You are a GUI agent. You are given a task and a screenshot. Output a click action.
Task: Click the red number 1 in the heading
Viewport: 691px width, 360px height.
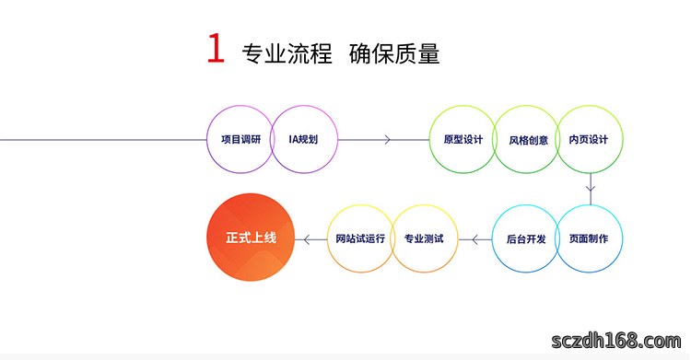(x=216, y=49)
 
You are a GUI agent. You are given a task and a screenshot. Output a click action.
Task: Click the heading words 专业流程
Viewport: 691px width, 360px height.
(x=287, y=53)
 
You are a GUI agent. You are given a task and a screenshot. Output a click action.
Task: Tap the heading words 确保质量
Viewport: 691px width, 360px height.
(x=394, y=53)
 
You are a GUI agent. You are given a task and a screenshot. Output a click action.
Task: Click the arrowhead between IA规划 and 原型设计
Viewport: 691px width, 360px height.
(x=387, y=140)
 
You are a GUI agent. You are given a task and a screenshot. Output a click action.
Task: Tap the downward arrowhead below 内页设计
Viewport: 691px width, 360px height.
(x=591, y=188)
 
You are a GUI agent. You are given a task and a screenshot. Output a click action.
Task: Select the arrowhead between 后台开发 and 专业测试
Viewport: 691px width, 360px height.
(x=475, y=239)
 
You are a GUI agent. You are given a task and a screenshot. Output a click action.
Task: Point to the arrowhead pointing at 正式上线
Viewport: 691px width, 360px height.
(x=308, y=239)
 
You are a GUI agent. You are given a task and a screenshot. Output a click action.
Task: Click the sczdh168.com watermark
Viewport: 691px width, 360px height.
(x=616, y=341)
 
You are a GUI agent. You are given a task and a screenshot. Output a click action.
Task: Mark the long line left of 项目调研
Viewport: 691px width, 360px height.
(x=103, y=140)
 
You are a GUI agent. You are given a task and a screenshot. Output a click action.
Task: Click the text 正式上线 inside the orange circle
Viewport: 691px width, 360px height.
(x=251, y=238)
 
